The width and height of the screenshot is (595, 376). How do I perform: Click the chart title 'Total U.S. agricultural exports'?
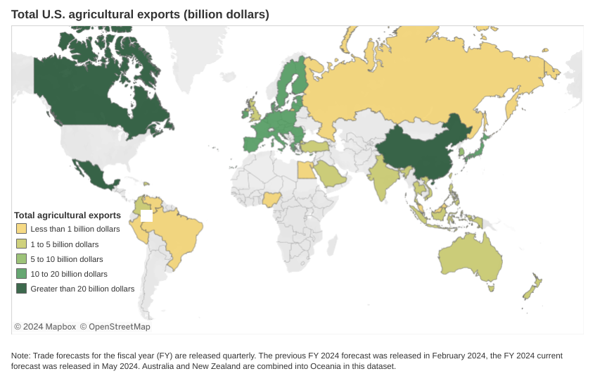(140, 14)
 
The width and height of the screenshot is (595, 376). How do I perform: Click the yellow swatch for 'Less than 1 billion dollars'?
(22, 229)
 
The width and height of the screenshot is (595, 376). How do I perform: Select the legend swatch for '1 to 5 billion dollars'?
(22, 244)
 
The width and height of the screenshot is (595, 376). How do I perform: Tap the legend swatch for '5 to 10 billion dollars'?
(22, 258)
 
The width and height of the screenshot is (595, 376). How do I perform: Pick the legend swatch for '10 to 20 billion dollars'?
(22, 273)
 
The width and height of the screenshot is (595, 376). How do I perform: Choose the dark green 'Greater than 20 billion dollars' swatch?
(22, 289)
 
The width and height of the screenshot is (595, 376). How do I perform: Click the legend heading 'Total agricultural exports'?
(68, 215)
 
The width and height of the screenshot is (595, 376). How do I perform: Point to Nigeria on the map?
(273, 199)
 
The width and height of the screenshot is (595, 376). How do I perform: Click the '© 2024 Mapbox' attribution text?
(45, 327)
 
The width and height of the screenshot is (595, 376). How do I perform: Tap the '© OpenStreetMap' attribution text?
(115, 327)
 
